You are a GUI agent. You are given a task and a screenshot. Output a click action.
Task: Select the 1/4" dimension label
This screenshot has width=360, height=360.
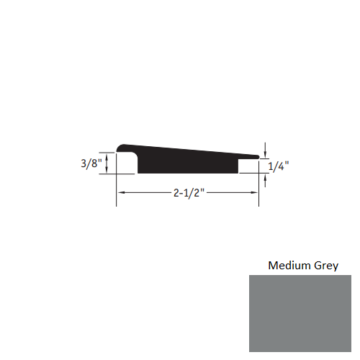pyautogui.click(x=279, y=166)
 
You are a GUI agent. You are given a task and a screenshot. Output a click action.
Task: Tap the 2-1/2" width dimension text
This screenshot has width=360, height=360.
pyautogui.click(x=188, y=193)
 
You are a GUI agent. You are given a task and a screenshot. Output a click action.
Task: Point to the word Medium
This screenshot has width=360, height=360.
pyautogui.click(x=289, y=265)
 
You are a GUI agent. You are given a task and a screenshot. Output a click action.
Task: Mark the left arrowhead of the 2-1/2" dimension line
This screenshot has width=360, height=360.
pyautogui.click(x=121, y=193)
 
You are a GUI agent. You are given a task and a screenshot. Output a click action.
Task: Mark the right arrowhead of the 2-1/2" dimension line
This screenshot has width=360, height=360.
pyautogui.click(x=255, y=193)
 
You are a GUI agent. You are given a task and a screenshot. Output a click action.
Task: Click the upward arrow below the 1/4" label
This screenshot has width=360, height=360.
pyautogui.click(x=266, y=180)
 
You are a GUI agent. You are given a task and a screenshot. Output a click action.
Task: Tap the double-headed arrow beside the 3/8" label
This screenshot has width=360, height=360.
pyautogui.click(x=108, y=163)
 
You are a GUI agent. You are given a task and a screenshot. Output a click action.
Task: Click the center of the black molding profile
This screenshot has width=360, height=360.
pyautogui.click(x=187, y=160)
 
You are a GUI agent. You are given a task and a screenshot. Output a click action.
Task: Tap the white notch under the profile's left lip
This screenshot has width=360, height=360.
pyautogui.click(x=127, y=166)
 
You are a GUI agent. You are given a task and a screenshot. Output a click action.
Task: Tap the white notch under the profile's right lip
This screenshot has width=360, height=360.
pyautogui.click(x=248, y=166)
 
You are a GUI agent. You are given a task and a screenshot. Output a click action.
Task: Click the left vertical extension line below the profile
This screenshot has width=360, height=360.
pyautogui.click(x=117, y=191)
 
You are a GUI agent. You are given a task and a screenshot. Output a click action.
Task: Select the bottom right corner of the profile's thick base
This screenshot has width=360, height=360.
pyautogui.click(x=238, y=174)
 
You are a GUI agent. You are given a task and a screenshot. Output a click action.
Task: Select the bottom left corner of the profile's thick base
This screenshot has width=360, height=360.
pyautogui.click(x=138, y=174)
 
